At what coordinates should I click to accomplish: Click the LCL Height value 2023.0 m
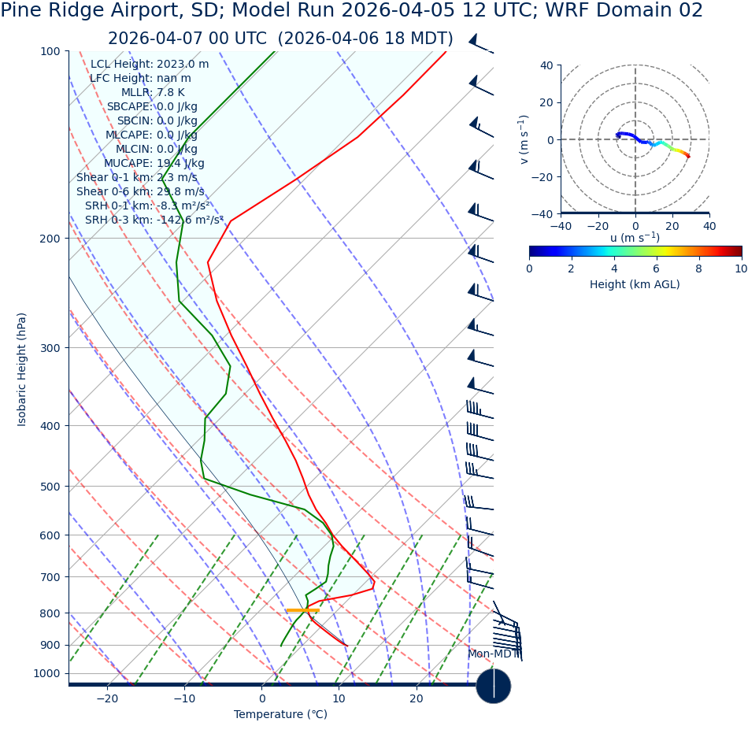coord(183,65)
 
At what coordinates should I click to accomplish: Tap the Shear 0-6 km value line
coord(139,192)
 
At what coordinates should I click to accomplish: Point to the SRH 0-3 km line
coord(154,220)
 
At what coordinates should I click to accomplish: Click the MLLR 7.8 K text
coord(153,93)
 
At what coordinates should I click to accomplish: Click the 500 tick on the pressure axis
coord(50,487)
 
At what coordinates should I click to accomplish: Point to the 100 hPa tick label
coord(50,52)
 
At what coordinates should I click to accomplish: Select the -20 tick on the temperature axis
coord(107,698)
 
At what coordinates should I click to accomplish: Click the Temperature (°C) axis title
coord(280,715)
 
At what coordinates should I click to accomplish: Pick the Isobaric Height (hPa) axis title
coord(22,369)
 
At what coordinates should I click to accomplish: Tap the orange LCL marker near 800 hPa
coord(302,610)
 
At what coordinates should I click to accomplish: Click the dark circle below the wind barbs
coord(494,686)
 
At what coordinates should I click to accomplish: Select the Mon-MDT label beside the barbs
coord(493,654)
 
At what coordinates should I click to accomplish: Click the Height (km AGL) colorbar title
coord(635,285)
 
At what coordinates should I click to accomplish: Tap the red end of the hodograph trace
coord(688,157)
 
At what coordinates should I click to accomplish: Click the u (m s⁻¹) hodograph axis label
coord(635,238)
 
